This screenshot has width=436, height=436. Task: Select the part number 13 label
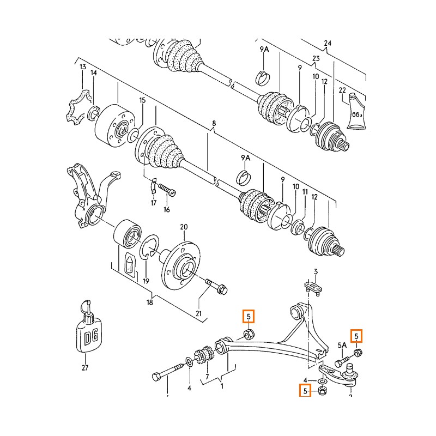tap(83, 67)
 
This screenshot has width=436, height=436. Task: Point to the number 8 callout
tap(214, 123)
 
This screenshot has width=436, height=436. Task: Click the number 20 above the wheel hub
tap(184, 227)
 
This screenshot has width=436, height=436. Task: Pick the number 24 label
tap(328, 43)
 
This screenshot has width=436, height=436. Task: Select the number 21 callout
tap(198, 314)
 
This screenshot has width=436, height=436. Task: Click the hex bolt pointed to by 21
tap(216, 287)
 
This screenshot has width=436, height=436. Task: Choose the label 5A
tap(342, 346)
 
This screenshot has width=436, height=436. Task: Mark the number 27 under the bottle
tap(85, 367)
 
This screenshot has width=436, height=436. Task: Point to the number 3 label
tap(316, 271)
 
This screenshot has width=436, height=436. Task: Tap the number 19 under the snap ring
tap(146, 281)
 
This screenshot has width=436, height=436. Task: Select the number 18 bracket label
tap(149, 302)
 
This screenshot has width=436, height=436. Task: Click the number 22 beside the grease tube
tap(342, 90)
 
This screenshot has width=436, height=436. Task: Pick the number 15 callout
tap(142, 100)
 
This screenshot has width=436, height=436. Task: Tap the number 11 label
tap(305, 192)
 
